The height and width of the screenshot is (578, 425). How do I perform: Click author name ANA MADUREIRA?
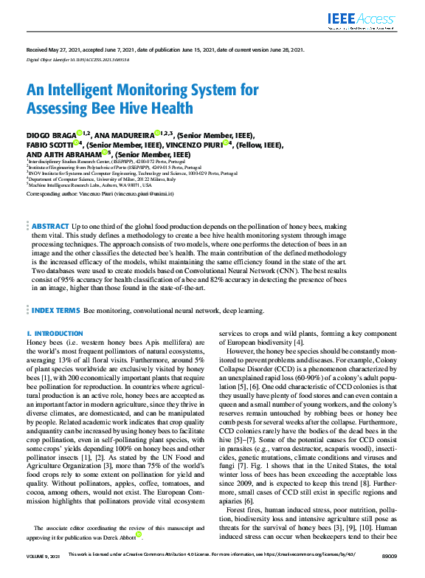pos(125,136)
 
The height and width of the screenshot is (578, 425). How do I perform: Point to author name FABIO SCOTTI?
pos(49,145)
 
